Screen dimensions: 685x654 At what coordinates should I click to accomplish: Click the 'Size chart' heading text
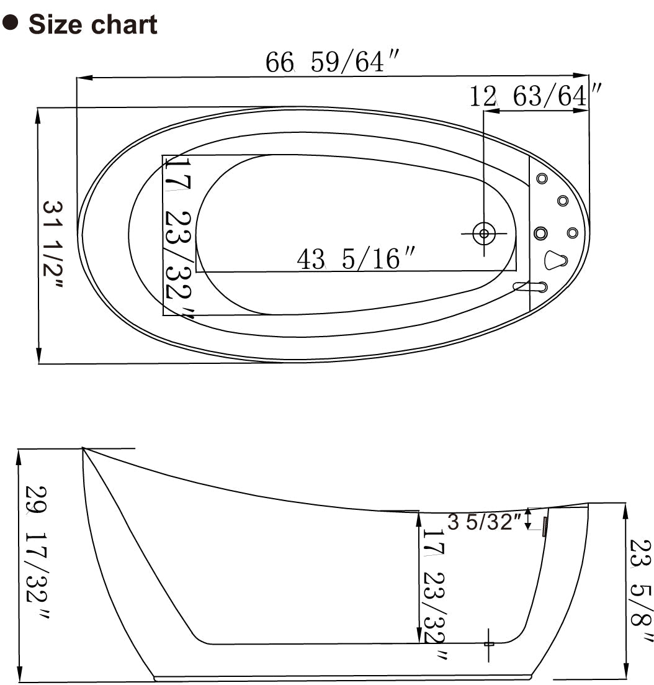pos(92,25)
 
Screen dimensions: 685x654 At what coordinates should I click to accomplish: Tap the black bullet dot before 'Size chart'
pos(11,24)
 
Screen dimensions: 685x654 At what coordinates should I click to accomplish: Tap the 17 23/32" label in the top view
pos(178,236)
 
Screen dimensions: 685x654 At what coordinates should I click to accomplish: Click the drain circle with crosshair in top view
pos(483,234)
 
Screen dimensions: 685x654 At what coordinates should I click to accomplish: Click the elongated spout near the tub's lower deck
pos(531,286)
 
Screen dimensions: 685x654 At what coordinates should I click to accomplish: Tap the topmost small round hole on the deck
pos(542,179)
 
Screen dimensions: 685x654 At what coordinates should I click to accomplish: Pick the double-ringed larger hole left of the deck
pos(540,233)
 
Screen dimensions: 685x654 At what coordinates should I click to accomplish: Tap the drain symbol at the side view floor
pos(489,644)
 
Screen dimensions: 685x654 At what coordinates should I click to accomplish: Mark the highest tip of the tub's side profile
pos(83,448)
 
